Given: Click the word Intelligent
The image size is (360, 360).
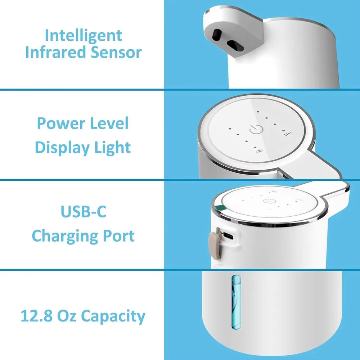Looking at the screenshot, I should pyautogui.click(x=83, y=36).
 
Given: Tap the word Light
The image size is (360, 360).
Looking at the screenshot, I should pyautogui.click(x=112, y=148).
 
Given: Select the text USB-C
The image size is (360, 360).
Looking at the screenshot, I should pyautogui.click(x=83, y=212).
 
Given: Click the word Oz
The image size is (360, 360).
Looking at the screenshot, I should pyautogui.click(x=67, y=316).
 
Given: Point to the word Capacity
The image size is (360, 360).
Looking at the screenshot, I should pyautogui.click(x=113, y=316).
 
